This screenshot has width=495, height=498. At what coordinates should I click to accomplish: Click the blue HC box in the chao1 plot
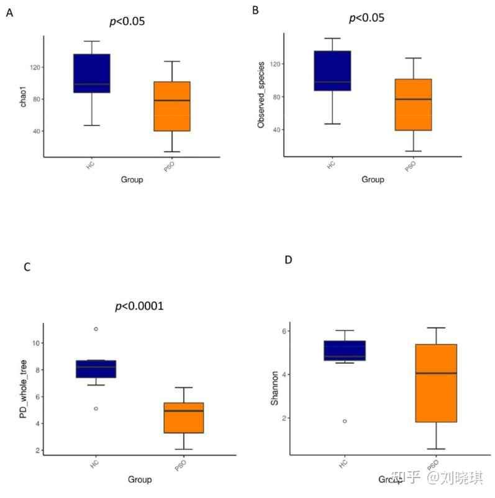(91, 73)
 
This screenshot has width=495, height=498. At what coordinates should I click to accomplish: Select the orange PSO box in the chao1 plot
(171, 106)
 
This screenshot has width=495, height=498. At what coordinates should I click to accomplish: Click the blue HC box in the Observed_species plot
(332, 71)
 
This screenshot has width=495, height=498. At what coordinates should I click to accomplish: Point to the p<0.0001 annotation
(139, 306)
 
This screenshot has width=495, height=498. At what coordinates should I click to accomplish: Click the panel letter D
(288, 259)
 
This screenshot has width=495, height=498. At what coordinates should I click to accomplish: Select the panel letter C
(27, 267)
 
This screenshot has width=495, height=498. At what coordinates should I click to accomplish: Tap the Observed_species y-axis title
(261, 94)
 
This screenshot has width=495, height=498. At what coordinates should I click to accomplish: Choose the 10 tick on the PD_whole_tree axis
(36, 343)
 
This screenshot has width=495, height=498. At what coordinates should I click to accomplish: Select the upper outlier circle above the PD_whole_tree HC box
(96, 328)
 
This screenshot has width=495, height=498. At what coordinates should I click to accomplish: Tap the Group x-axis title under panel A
(132, 180)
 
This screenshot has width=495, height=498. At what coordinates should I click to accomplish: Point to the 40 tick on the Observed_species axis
(273, 130)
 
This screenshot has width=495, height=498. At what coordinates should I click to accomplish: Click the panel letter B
(256, 10)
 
